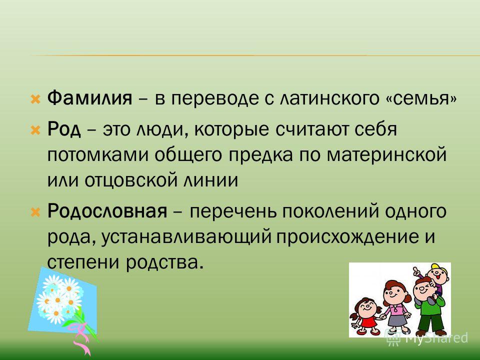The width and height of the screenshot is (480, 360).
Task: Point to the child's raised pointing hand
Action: [x=414, y=271]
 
